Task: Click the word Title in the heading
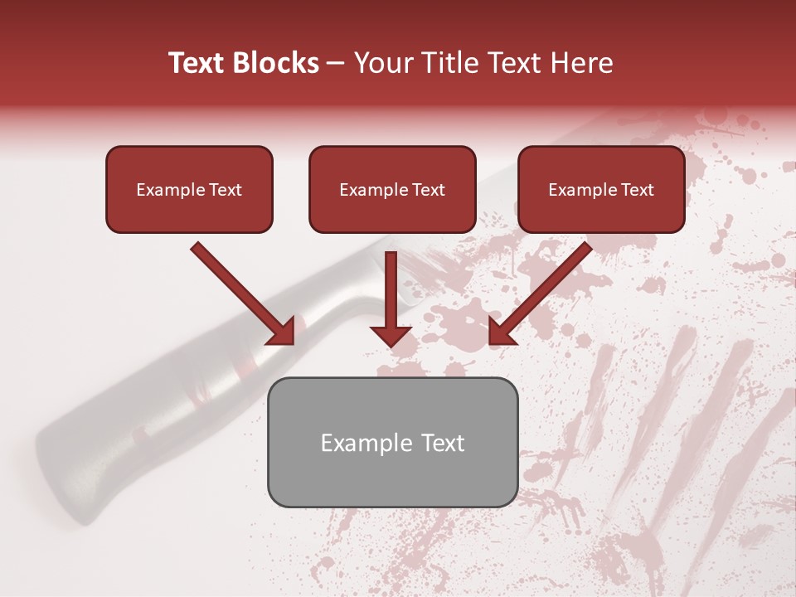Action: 445,63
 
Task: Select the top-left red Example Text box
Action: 189,190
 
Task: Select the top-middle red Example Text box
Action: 392,190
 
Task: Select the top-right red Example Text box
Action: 601,190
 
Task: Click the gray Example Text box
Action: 392,443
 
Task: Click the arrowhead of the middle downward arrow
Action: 391,334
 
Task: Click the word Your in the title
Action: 383,63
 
